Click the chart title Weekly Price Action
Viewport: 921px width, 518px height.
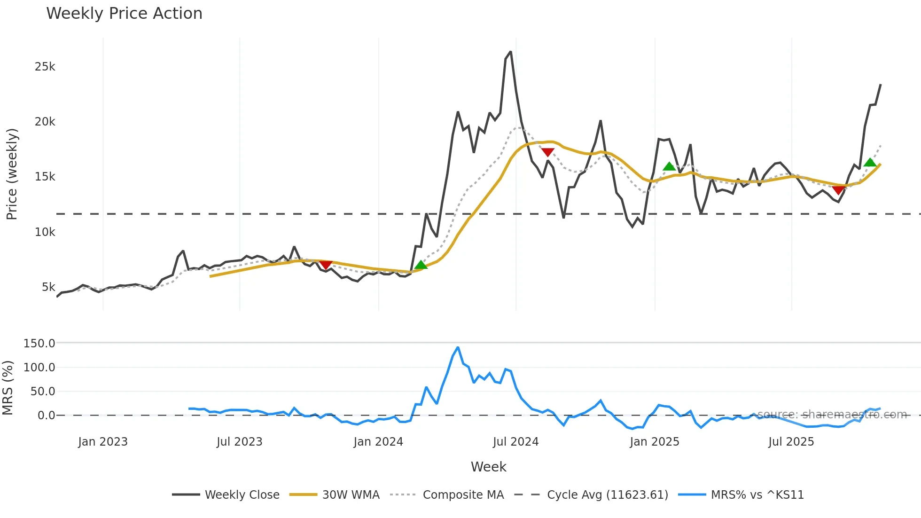124,14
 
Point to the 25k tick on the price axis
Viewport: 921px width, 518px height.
45,67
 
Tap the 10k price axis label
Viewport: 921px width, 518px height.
45,232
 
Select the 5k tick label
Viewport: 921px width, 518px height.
48,287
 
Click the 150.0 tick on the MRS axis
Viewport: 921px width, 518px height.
39,344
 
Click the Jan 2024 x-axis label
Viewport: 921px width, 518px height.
378,442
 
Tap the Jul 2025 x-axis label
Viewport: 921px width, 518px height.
791,442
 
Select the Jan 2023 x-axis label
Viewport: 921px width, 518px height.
103,442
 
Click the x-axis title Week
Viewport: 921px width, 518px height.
488,467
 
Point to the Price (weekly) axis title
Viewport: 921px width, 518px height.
12,174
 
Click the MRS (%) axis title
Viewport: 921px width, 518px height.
8,388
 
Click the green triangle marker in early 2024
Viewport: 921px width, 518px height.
421,265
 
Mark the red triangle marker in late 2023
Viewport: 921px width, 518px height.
326,265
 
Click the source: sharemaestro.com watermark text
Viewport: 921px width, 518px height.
832,415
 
